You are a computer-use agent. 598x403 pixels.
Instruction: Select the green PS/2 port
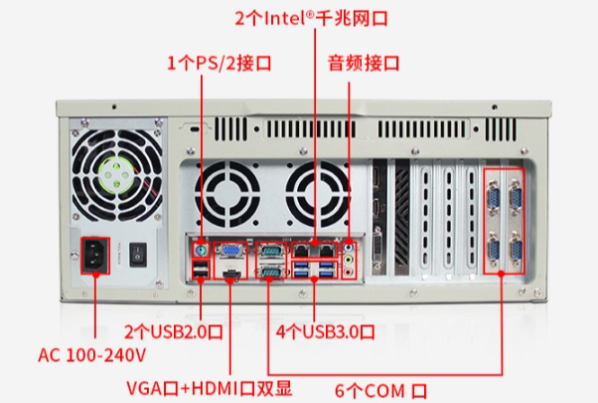[x=202, y=250]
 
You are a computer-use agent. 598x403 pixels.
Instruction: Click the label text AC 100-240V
[x=92, y=354]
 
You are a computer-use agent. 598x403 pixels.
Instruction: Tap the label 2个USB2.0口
[x=177, y=329]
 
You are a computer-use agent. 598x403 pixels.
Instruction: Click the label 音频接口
[x=364, y=63]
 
